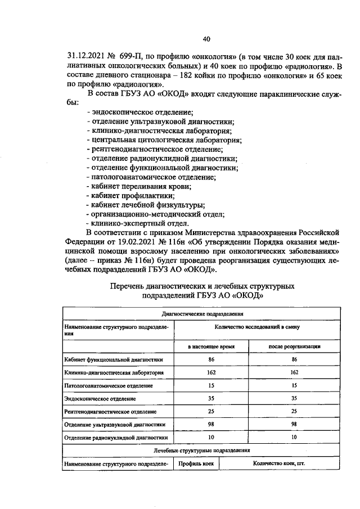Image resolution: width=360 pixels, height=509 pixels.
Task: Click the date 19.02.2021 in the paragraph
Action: coord(136,241)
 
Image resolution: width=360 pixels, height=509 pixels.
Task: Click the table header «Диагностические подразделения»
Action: coord(202,314)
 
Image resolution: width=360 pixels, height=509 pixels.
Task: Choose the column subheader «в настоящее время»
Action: coord(211,347)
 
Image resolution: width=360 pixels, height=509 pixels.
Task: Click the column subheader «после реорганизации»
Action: coord(294,347)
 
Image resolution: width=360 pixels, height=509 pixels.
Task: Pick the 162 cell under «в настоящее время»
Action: coord(211,372)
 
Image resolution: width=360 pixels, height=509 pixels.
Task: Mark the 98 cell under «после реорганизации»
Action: coord(294,424)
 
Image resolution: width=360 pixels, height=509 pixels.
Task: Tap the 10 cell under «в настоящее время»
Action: coord(211,436)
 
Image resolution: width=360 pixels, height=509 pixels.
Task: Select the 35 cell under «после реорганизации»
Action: coord(294,398)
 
